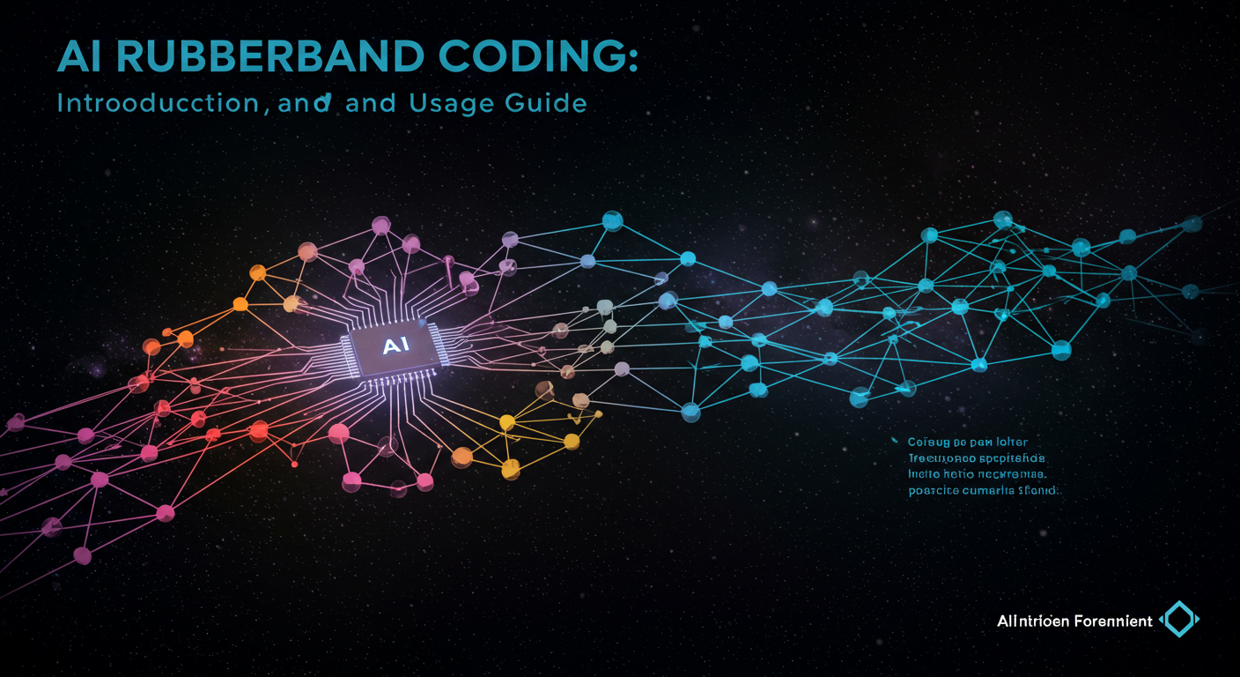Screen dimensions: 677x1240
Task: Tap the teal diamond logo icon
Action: pyautogui.click(x=1180, y=620)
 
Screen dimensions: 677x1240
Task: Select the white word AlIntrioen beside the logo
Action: pyautogui.click(x=1033, y=621)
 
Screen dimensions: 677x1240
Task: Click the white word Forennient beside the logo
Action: pyautogui.click(x=1113, y=621)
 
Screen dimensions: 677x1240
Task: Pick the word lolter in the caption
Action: pyautogui.click(x=1012, y=442)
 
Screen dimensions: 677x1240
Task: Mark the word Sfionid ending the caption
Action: pyautogui.click(x=1039, y=491)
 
